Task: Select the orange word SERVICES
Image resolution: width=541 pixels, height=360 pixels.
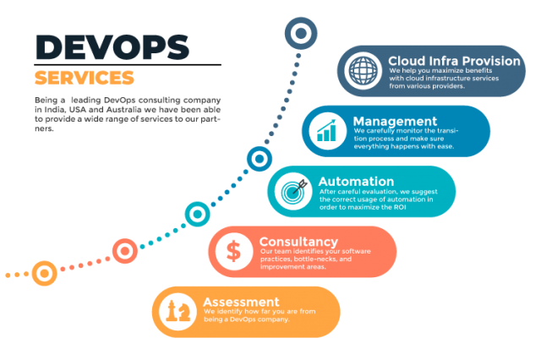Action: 85,78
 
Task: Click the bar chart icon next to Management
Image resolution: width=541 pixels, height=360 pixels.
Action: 327,131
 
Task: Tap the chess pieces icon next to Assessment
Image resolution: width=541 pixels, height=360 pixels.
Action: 178,311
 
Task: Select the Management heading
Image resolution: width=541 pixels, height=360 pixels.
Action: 395,121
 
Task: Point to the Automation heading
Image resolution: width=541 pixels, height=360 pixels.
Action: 356,181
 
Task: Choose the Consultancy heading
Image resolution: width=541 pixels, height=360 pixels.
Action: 298,242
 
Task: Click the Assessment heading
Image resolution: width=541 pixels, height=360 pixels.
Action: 241,302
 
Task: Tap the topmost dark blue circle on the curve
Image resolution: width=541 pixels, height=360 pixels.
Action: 300,34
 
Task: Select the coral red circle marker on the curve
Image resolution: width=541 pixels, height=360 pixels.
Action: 125,250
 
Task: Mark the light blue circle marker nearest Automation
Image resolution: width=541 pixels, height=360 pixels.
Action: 258,158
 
